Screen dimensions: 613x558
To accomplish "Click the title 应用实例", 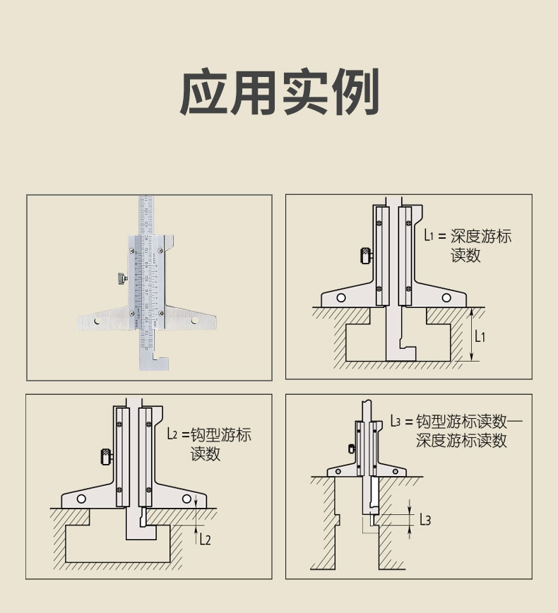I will coord(279,93).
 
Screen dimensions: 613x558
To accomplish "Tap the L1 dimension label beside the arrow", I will coord(480,336).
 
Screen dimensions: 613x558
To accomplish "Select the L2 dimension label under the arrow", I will coord(204,540).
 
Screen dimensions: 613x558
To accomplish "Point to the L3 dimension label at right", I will coord(425,520).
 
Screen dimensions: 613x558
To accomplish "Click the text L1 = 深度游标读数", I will coord(467,245).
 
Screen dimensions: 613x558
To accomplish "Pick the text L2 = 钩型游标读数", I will coord(209,444).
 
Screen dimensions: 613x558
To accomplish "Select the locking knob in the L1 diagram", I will coord(365,255).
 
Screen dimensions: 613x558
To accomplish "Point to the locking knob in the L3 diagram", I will coord(352,448).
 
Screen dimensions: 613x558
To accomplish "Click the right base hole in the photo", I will coord(194,321).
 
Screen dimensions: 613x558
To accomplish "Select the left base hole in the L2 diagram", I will coord(82,500).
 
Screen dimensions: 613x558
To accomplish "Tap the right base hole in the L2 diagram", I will coord(186,500).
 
